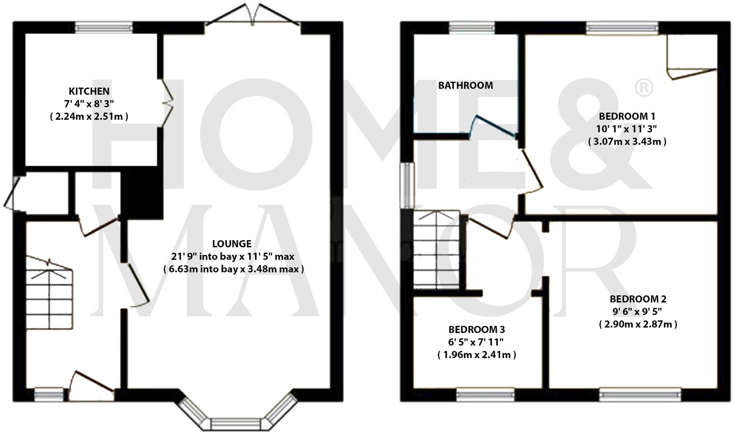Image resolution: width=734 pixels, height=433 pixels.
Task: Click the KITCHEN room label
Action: pyautogui.click(x=89, y=91)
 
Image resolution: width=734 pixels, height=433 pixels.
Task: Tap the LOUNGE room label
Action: pyautogui.click(x=232, y=243)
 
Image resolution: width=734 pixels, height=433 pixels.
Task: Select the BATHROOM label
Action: pyautogui.click(x=465, y=85)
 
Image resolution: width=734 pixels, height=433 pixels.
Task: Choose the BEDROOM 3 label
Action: pyautogui.click(x=477, y=329)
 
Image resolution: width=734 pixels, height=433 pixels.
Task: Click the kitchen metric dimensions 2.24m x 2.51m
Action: pyautogui.click(x=89, y=117)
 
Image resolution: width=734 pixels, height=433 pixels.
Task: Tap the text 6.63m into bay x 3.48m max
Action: pyautogui.click(x=233, y=269)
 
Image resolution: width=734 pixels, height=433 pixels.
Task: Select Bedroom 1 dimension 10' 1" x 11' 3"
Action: pyautogui.click(x=627, y=129)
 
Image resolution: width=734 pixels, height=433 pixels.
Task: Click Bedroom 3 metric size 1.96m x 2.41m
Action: pyautogui.click(x=477, y=355)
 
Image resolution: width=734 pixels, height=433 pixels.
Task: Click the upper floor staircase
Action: pyautogui.click(x=436, y=250)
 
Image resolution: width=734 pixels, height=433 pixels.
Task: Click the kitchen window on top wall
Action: pyautogui.click(x=104, y=27)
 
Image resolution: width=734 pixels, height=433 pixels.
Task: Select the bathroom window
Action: pyautogui.click(x=472, y=27)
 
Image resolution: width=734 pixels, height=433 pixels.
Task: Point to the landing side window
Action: pyautogui.click(x=407, y=186)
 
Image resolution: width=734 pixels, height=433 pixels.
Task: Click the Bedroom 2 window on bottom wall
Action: pyautogui.click(x=640, y=394)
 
